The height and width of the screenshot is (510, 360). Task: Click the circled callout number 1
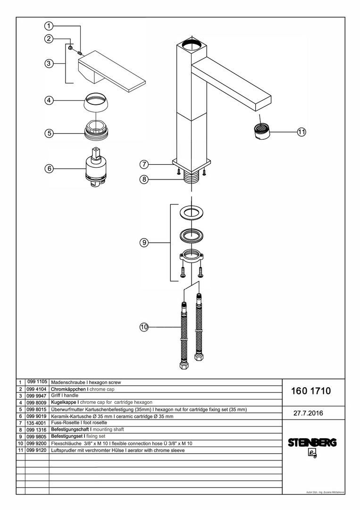(x=49, y=25)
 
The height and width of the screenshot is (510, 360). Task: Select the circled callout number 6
(x=49, y=169)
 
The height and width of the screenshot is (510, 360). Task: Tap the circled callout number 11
(x=302, y=132)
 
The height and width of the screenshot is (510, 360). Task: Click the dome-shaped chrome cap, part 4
(x=97, y=102)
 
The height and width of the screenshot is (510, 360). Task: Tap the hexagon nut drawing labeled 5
(x=96, y=130)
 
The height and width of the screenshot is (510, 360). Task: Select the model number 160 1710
(x=310, y=391)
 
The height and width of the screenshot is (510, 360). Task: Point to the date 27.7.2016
(x=308, y=413)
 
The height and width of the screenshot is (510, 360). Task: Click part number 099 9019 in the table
(x=36, y=416)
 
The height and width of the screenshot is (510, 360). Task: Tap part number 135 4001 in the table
(x=36, y=423)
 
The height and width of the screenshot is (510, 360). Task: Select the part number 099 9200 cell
(x=36, y=443)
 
